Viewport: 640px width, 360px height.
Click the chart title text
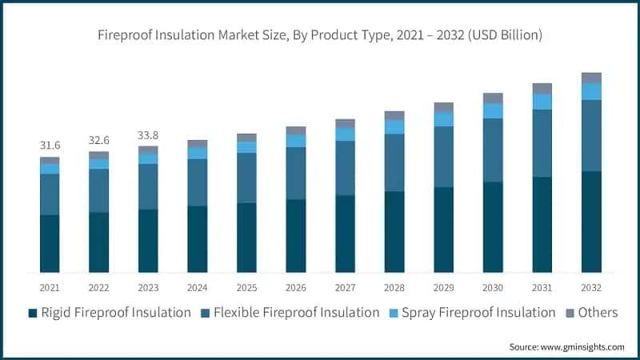[320, 35]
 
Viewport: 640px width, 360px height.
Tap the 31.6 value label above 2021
[50, 146]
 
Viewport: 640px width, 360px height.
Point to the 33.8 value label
[148, 134]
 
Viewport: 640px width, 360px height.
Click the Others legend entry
[597, 313]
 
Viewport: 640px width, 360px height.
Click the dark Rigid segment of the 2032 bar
[592, 222]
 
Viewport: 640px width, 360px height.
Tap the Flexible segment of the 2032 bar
[592, 135]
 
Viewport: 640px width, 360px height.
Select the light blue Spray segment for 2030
[494, 110]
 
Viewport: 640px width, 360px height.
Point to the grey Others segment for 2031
[542, 88]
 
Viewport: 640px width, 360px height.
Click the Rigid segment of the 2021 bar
[50, 244]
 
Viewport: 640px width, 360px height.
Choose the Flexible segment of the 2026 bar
[296, 173]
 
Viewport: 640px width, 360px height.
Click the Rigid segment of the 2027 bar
[346, 234]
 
